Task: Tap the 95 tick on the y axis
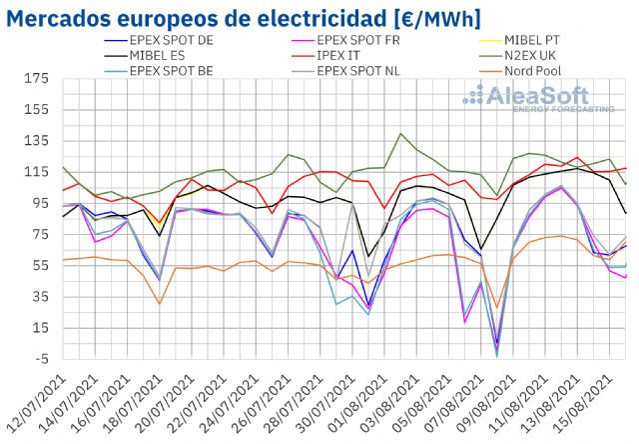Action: point(38,203)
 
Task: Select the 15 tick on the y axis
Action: point(38,328)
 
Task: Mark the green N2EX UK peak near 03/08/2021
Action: point(401,134)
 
